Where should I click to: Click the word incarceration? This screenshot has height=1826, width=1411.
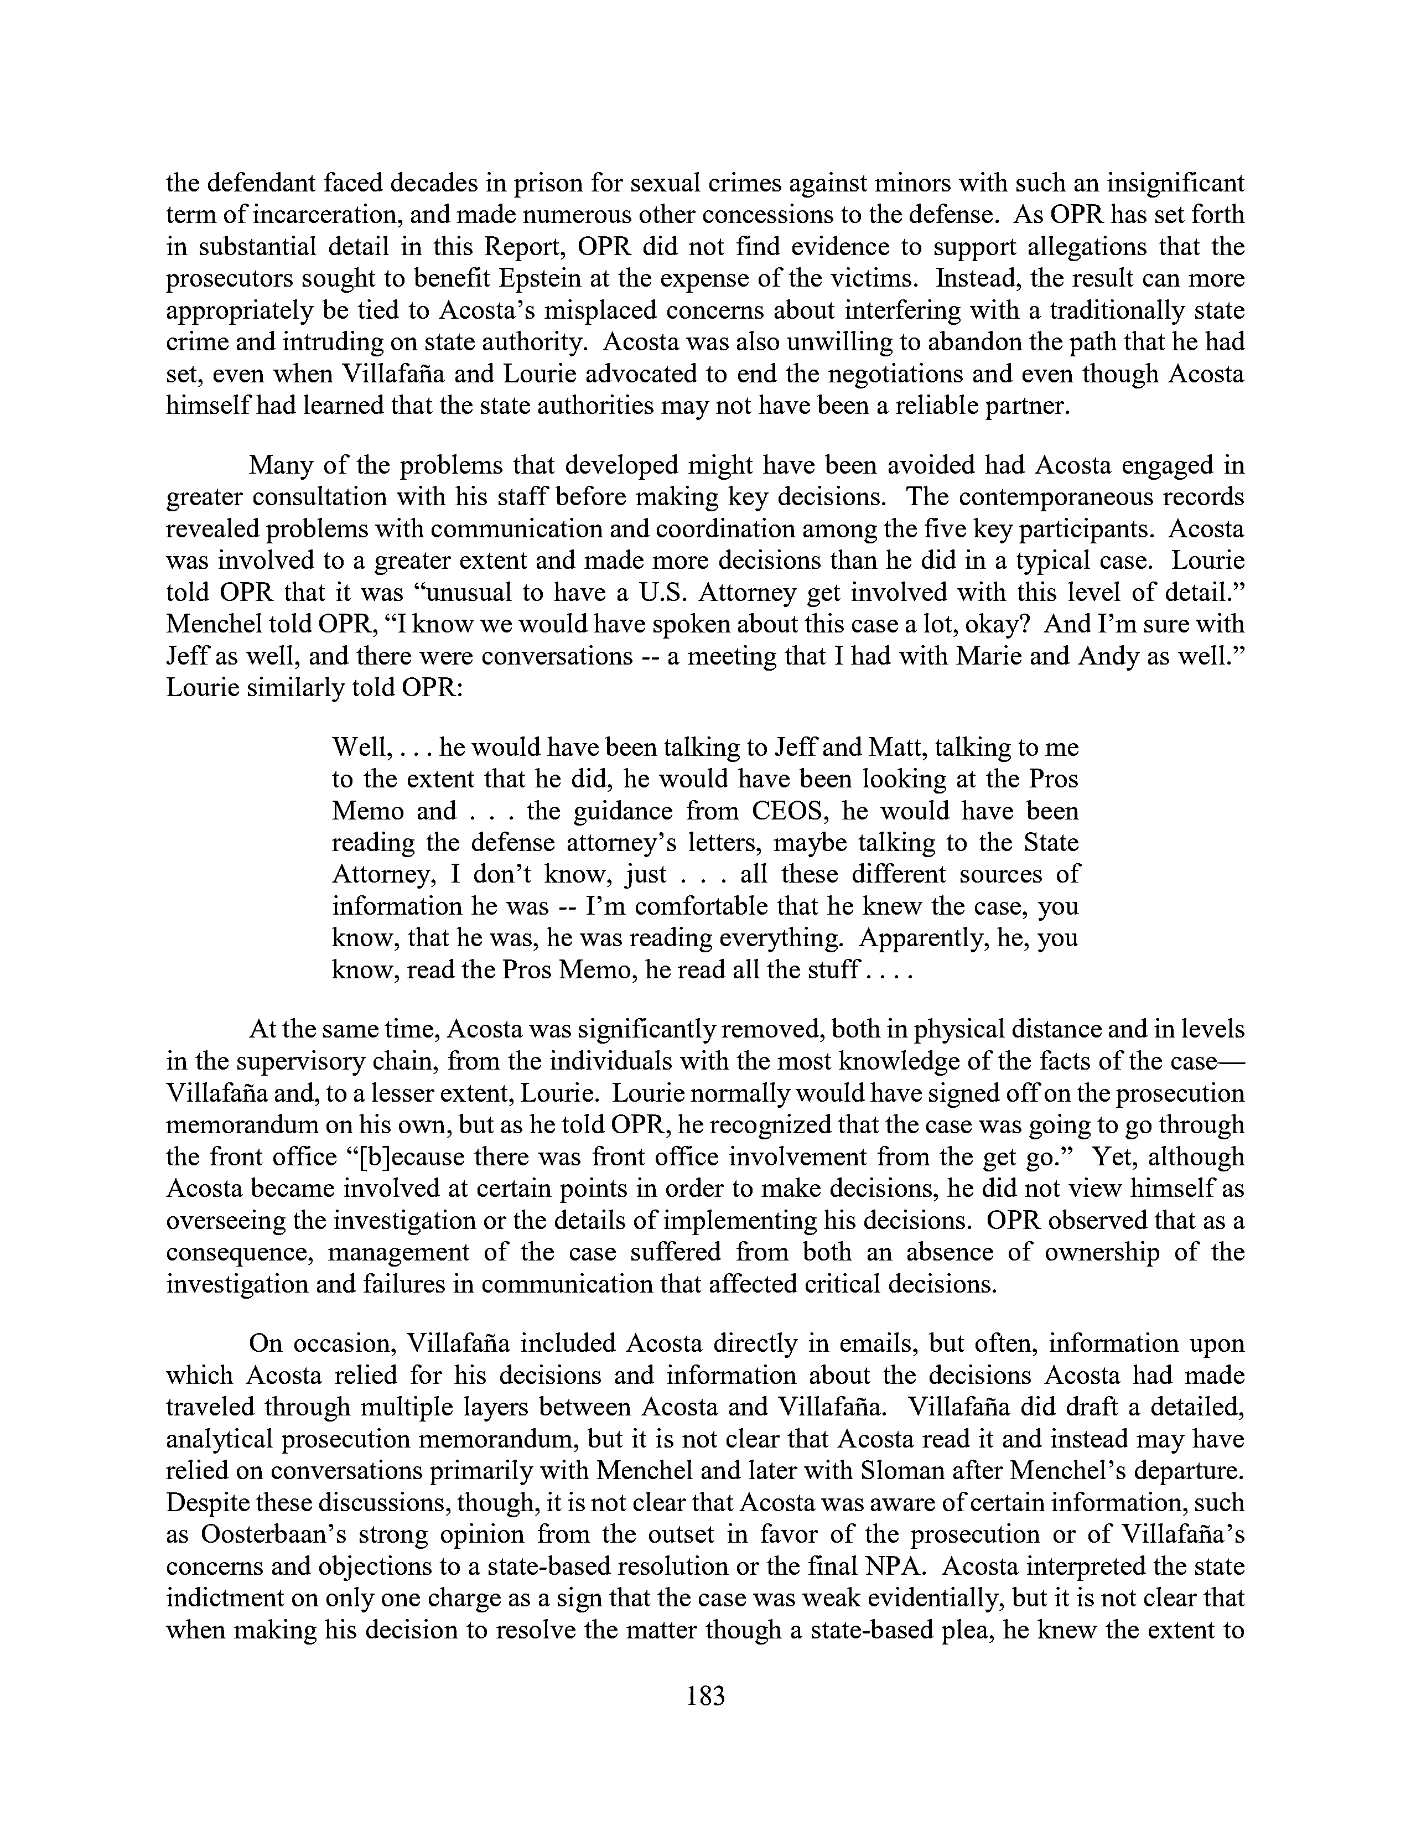pos(306,215)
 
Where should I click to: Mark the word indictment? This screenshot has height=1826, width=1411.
pos(228,1599)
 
